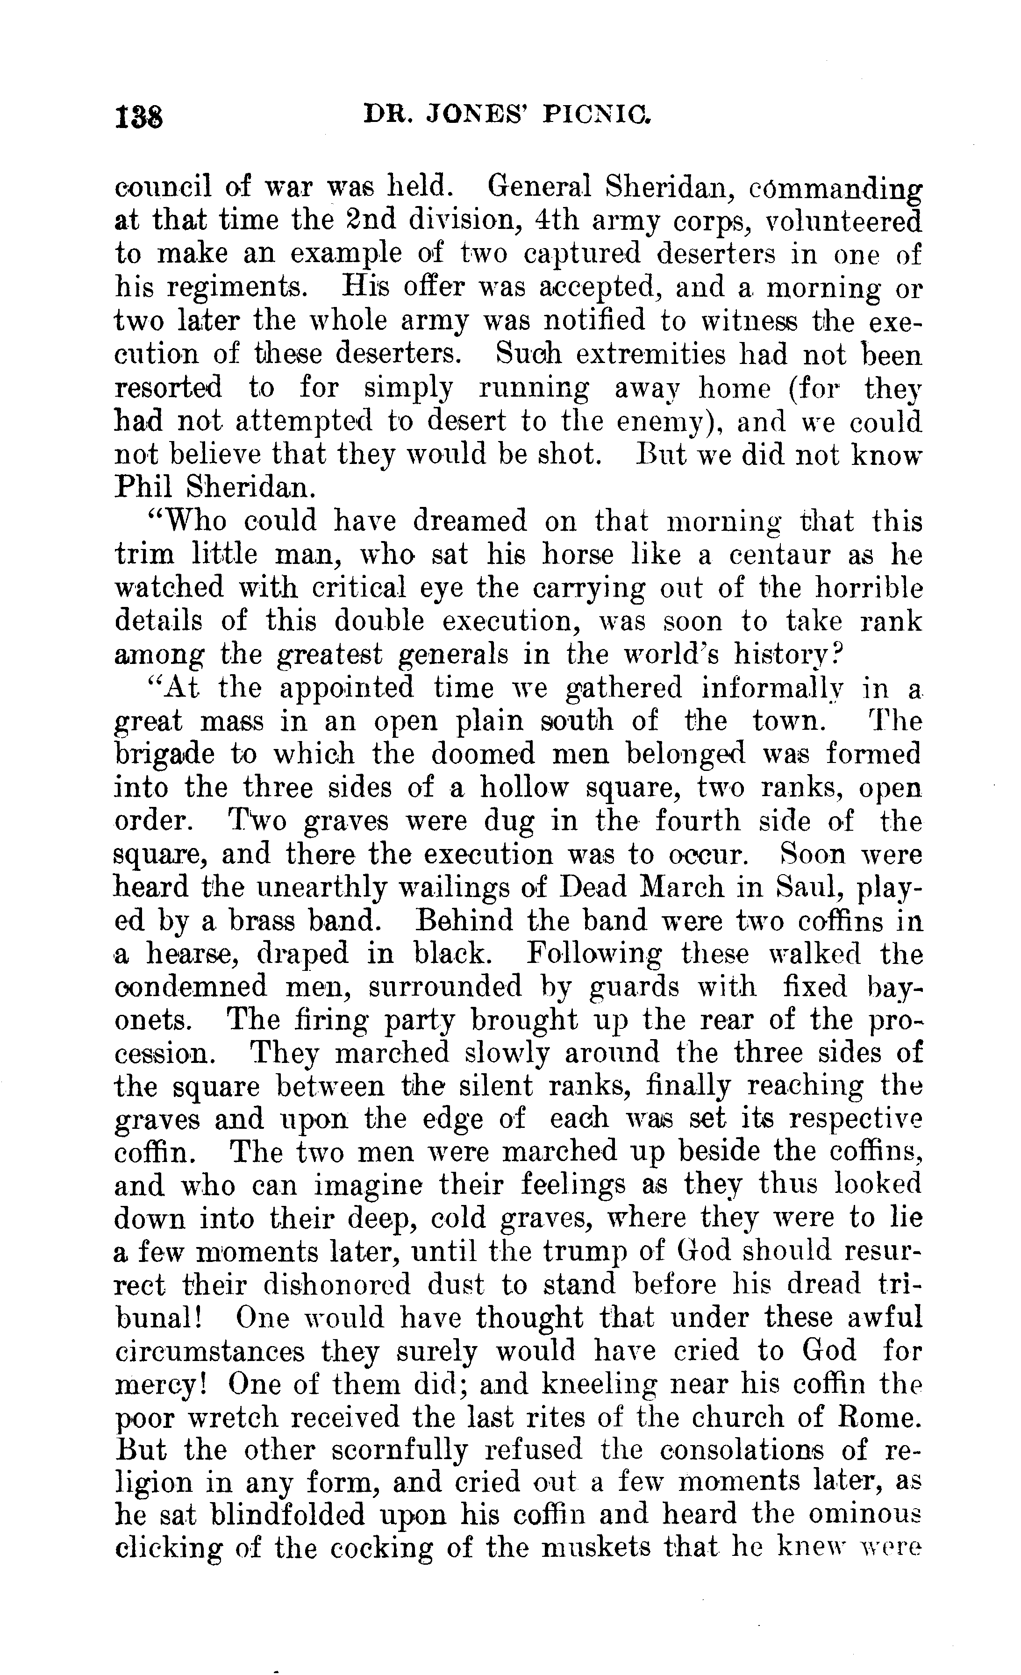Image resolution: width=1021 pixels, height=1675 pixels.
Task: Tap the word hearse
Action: tap(191, 955)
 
